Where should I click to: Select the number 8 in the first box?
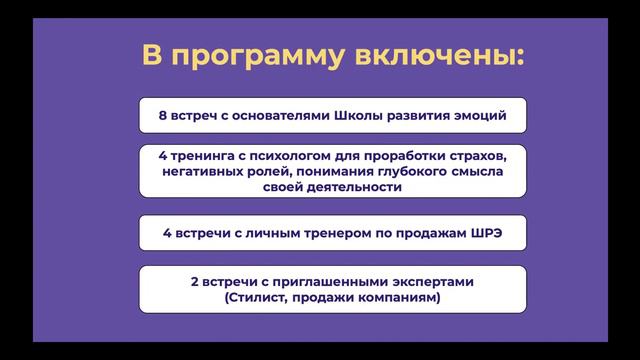pos(163,116)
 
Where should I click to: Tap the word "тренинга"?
pos(208,156)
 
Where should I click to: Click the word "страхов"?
pos(468,156)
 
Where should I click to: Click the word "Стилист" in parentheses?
pos(259,297)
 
